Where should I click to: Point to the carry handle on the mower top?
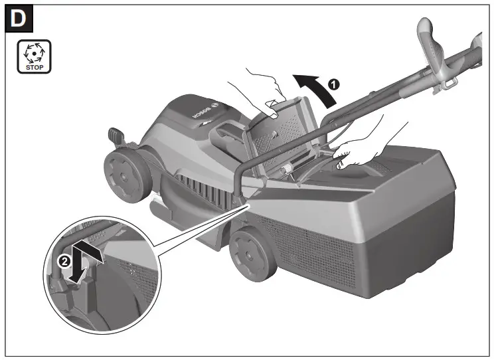(226, 136)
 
